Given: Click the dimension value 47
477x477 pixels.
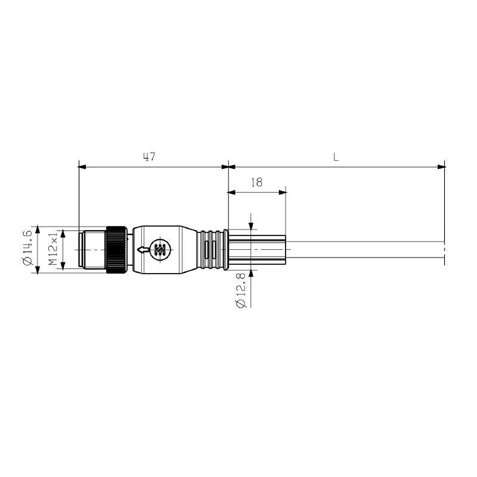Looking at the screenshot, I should [x=149, y=157].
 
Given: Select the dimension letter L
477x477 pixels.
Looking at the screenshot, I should [x=336, y=157].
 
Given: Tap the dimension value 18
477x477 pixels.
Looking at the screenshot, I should [x=256, y=183].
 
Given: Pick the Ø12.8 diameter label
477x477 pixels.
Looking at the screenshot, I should [x=241, y=290].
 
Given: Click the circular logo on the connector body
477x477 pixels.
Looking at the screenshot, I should [x=159, y=250].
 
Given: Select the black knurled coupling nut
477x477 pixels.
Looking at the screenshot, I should [x=116, y=250].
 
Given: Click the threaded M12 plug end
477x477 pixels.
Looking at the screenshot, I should [x=93, y=250].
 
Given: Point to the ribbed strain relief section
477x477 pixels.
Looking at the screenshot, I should [x=212, y=250].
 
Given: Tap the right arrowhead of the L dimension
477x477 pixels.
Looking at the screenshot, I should [x=441, y=166].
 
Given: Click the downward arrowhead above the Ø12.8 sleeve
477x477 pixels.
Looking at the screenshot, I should [x=251, y=225].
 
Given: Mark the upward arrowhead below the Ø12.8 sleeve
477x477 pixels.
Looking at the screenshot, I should [x=251, y=274].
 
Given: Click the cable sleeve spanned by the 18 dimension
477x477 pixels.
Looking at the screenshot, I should [x=256, y=250].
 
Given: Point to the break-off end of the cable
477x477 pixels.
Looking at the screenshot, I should [x=444, y=250].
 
